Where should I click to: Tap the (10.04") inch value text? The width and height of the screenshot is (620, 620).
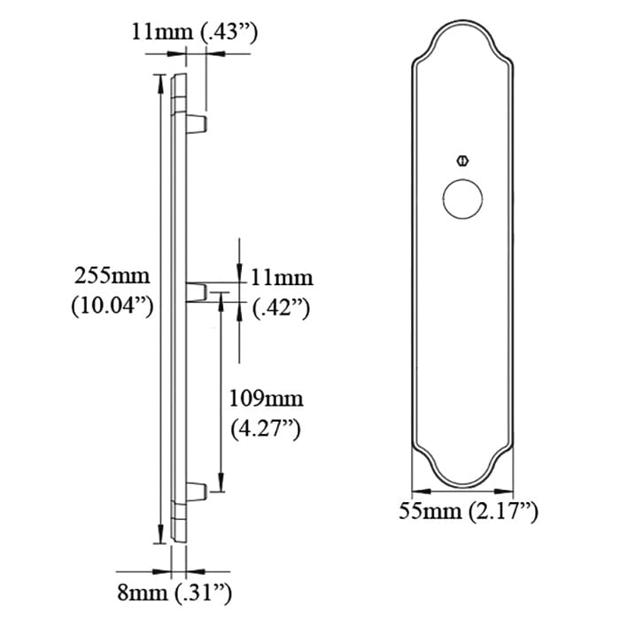112,306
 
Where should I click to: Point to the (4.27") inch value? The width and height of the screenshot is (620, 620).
265,430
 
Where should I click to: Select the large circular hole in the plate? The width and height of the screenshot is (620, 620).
461,199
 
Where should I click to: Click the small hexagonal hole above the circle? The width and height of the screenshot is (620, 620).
461,161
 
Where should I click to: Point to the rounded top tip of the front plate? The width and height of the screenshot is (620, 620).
461,19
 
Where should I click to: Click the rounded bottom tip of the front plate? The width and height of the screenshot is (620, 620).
461,488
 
